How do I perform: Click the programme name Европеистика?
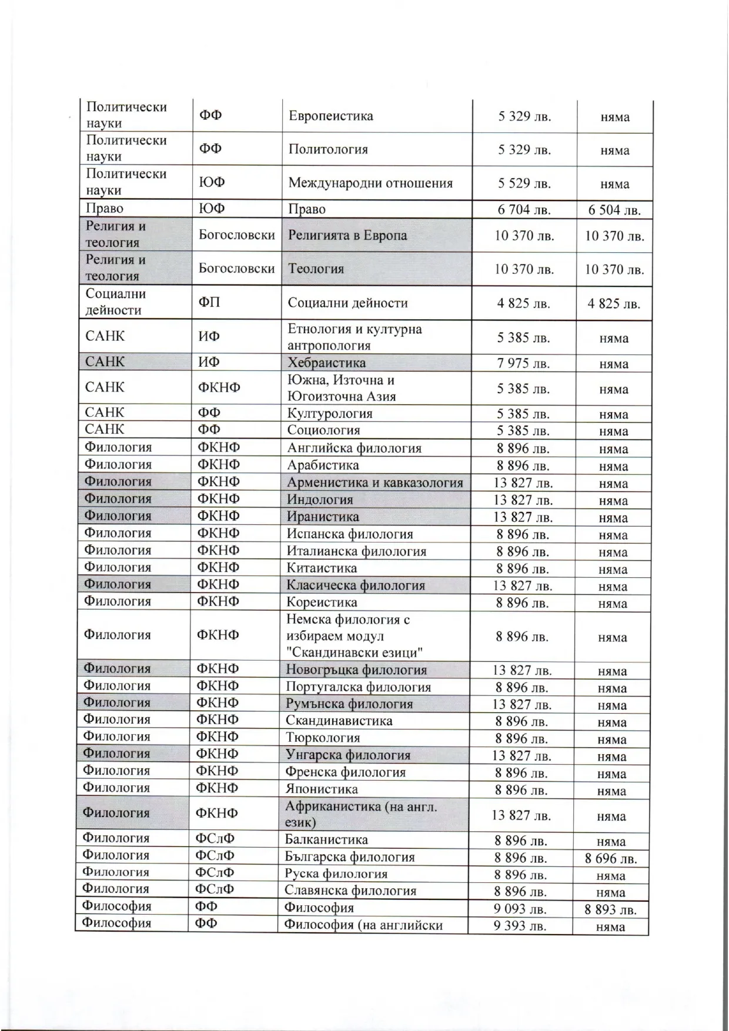tap(330, 116)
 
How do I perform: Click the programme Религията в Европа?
tap(347, 236)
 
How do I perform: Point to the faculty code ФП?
tap(210, 303)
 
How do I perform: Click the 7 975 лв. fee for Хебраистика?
tap(523, 363)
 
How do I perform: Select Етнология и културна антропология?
tap(354, 337)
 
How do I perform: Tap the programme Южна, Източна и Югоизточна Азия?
tap(341, 388)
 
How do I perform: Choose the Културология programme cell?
tap(329, 414)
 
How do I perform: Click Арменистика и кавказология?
tap(374, 483)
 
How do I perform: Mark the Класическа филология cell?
tap(355, 585)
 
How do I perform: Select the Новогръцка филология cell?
tap(356, 670)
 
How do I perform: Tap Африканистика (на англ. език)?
tap(360, 814)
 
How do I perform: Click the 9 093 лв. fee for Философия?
tap(520, 909)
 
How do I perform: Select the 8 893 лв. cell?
tap(610, 910)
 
